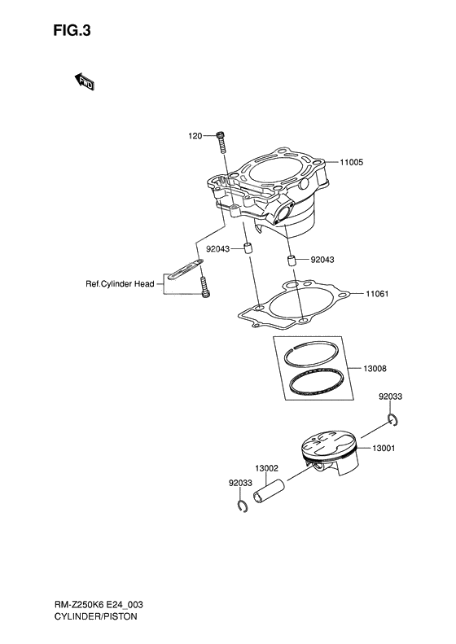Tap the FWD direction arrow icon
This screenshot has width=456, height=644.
coord(85,80)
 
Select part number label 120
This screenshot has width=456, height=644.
coord(195,135)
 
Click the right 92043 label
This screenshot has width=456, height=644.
coord(323,261)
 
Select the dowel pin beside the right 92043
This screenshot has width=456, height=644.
coord(289,261)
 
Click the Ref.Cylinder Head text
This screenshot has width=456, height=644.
coord(120,284)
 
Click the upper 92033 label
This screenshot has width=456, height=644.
coord(390,396)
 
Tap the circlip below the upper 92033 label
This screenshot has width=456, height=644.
coord(392,420)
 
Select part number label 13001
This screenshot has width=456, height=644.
coord(384,449)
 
